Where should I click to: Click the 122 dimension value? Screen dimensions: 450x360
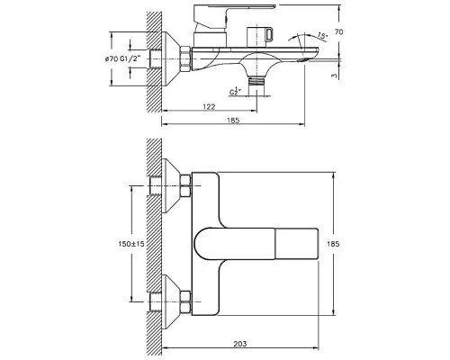pyautogui.click(x=209, y=106)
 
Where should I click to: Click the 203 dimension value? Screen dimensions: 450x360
pyautogui.click(x=240, y=344)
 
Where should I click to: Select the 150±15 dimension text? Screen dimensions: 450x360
pyautogui.click(x=131, y=244)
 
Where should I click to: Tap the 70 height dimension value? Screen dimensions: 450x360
pyautogui.click(x=338, y=31)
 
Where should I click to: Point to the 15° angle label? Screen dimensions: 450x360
pyautogui.click(x=321, y=36)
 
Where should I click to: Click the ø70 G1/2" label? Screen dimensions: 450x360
pyautogui.click(x=122, y=59)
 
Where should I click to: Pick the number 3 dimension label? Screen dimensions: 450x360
pyautogui.click(x=334, y=76)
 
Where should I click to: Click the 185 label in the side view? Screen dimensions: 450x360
pyautogui.click(x=233, y=121)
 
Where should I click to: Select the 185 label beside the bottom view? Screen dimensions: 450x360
pyautogui.click(x=333, y=244)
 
